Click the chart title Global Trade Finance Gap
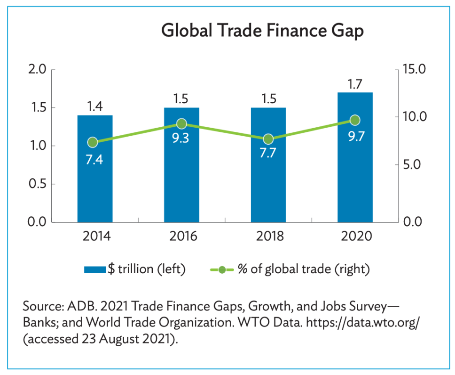click(x=262, y=31)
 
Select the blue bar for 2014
click(x=95, y=188)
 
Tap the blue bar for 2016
click(x=181, y=188)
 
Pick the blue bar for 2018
click(x=268, y=188)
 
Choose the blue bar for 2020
click(x=355, y=188)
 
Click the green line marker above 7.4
click(x=93, y=143)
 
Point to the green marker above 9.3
click(x=181, y=124)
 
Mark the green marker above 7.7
click(x=268, y=139)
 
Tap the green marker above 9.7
click(x=355, y=120)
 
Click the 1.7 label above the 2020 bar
click(x=355, y=85)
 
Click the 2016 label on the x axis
click(x=181, y=236)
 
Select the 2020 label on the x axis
click(x=355, y=236)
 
